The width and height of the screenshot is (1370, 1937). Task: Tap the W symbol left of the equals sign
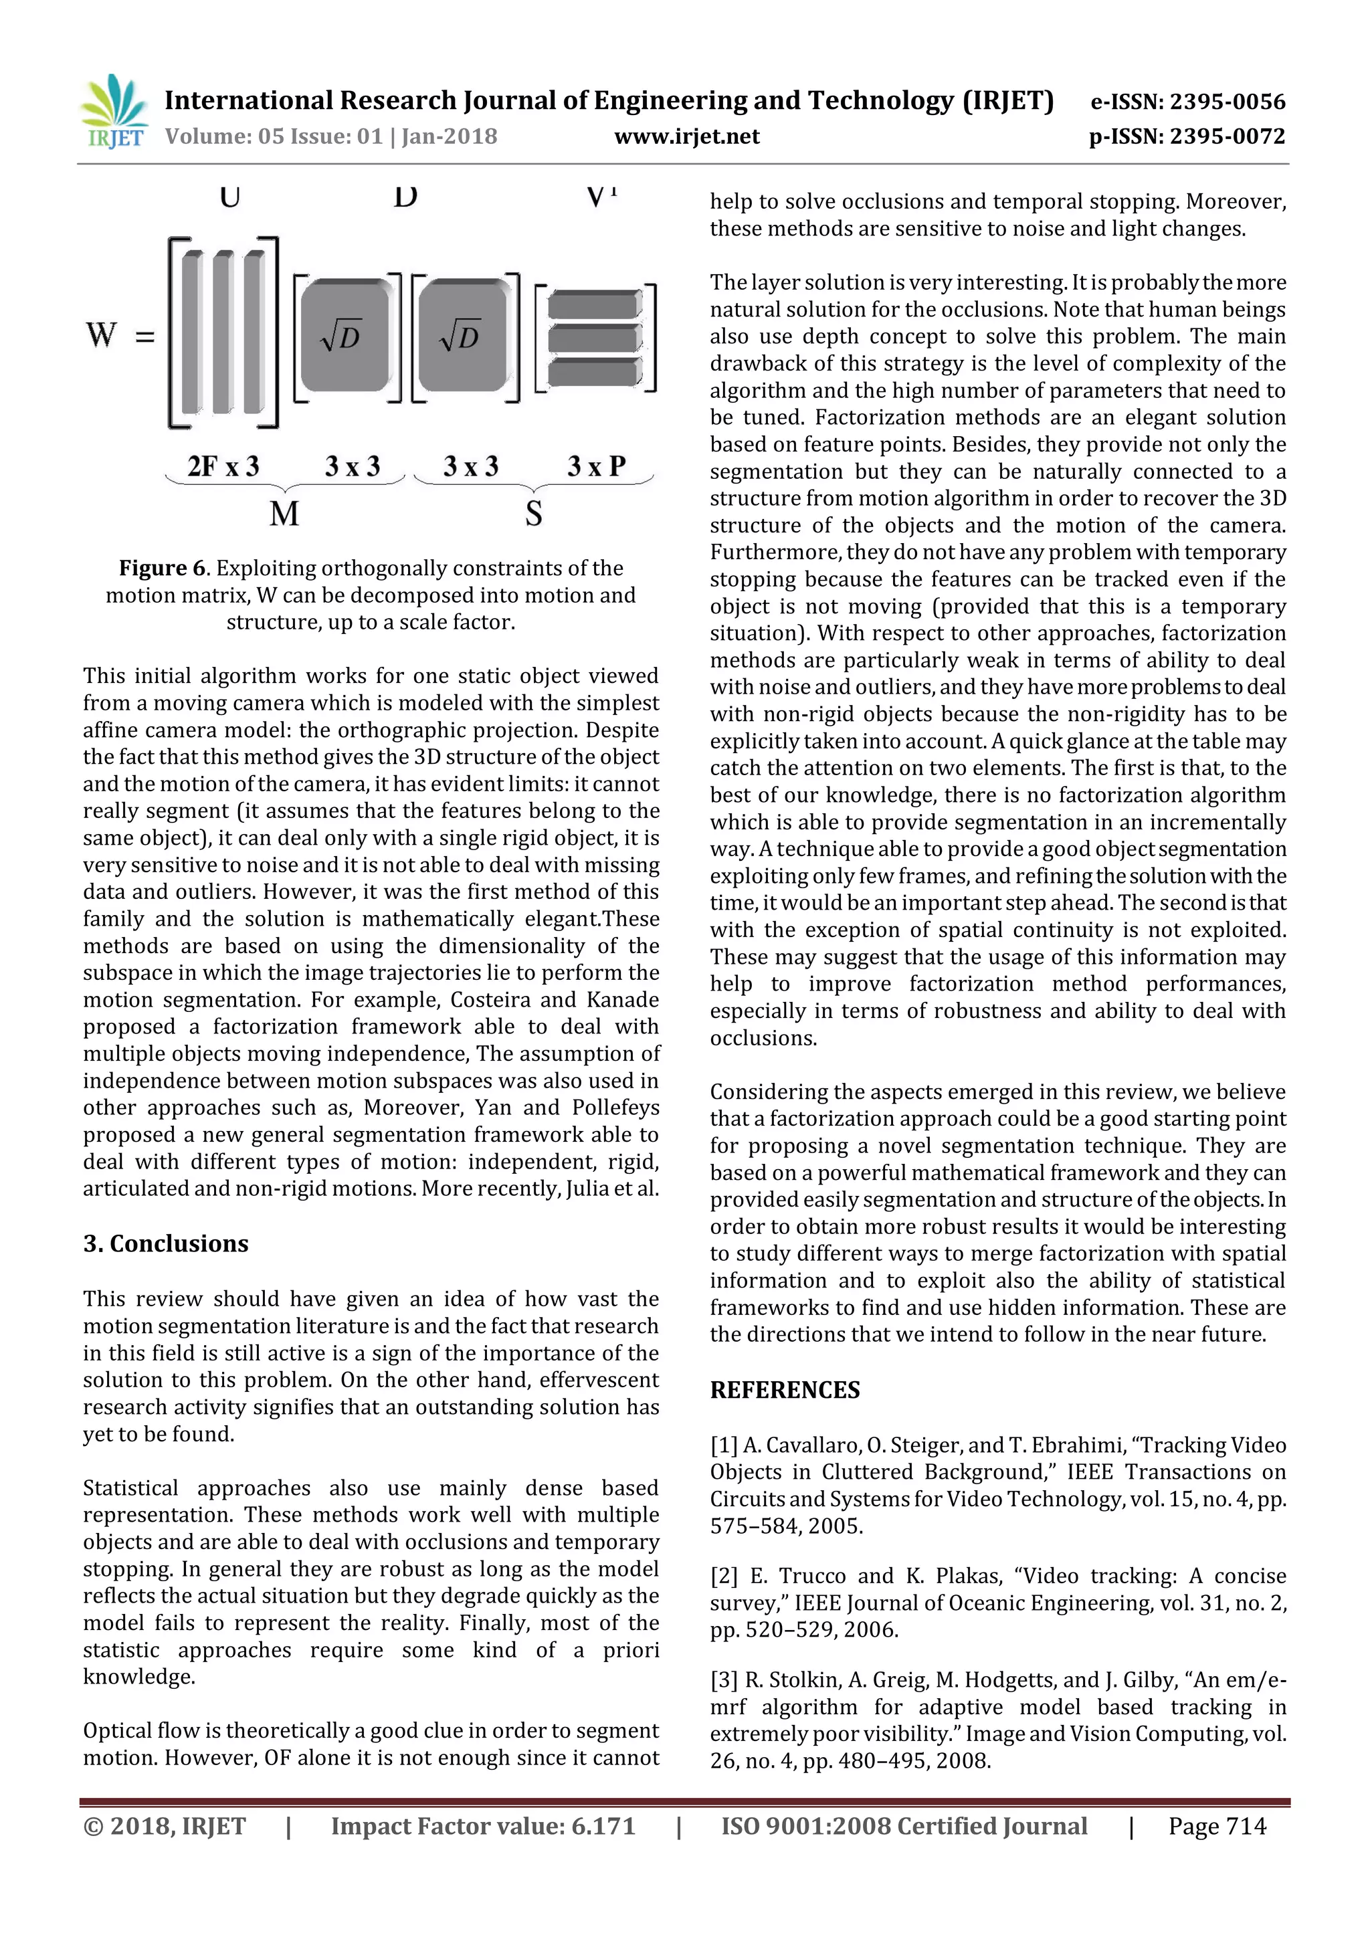tap(100, 335)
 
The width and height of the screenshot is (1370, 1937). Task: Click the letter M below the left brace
tap(284, 513)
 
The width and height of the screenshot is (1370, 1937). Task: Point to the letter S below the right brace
tap(533, 513)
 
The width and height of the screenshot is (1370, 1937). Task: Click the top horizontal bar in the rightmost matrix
tap(594, 304)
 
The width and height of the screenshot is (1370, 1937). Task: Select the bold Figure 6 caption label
tap(164, 568)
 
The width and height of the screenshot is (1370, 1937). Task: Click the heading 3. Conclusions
tap(165, 1243)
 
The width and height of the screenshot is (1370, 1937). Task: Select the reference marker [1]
tap(724, 1445)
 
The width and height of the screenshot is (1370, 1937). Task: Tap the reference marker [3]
tap(724, 1679)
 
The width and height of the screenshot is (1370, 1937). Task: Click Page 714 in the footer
tap(1216, 1827)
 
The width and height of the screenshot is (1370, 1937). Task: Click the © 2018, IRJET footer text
tap(165, 1827)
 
